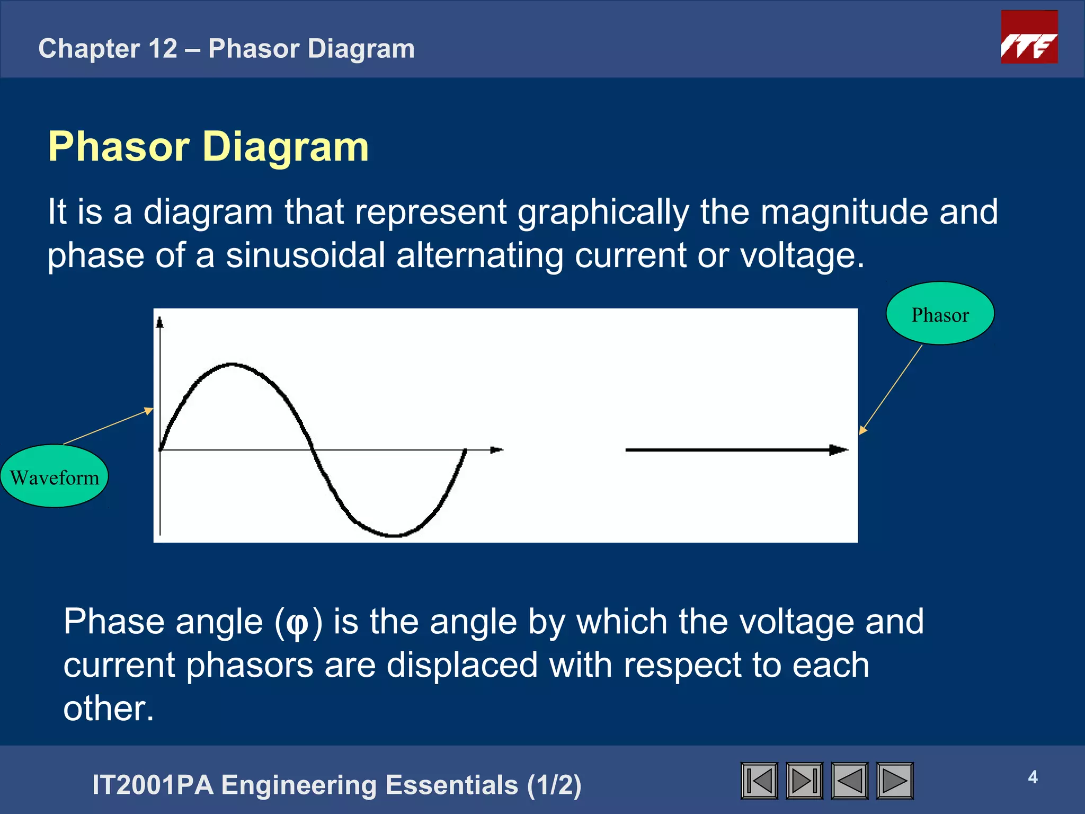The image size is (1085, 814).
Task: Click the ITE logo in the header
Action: point(1029,37)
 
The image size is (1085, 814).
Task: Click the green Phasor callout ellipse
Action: point(940,314)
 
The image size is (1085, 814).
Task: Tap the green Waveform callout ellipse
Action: point(55,476)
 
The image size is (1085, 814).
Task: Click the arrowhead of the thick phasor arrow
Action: point(838,450)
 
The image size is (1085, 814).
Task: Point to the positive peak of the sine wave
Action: point(232,365)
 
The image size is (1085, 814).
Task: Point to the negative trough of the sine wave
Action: point(394,535)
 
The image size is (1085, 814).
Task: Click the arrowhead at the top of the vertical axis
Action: point(160,322)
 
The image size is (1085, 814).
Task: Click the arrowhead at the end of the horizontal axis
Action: point(496,450)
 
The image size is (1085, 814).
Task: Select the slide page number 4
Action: point(1033,777)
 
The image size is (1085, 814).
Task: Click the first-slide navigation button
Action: point(759,781)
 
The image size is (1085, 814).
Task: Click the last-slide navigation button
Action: point(804,781)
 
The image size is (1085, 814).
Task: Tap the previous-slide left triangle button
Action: point(849,781)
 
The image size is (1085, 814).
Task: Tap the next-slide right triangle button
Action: point(895,781)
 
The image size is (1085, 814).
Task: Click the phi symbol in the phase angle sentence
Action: point(297,623)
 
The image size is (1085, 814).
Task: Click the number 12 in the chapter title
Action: point(163,49)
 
